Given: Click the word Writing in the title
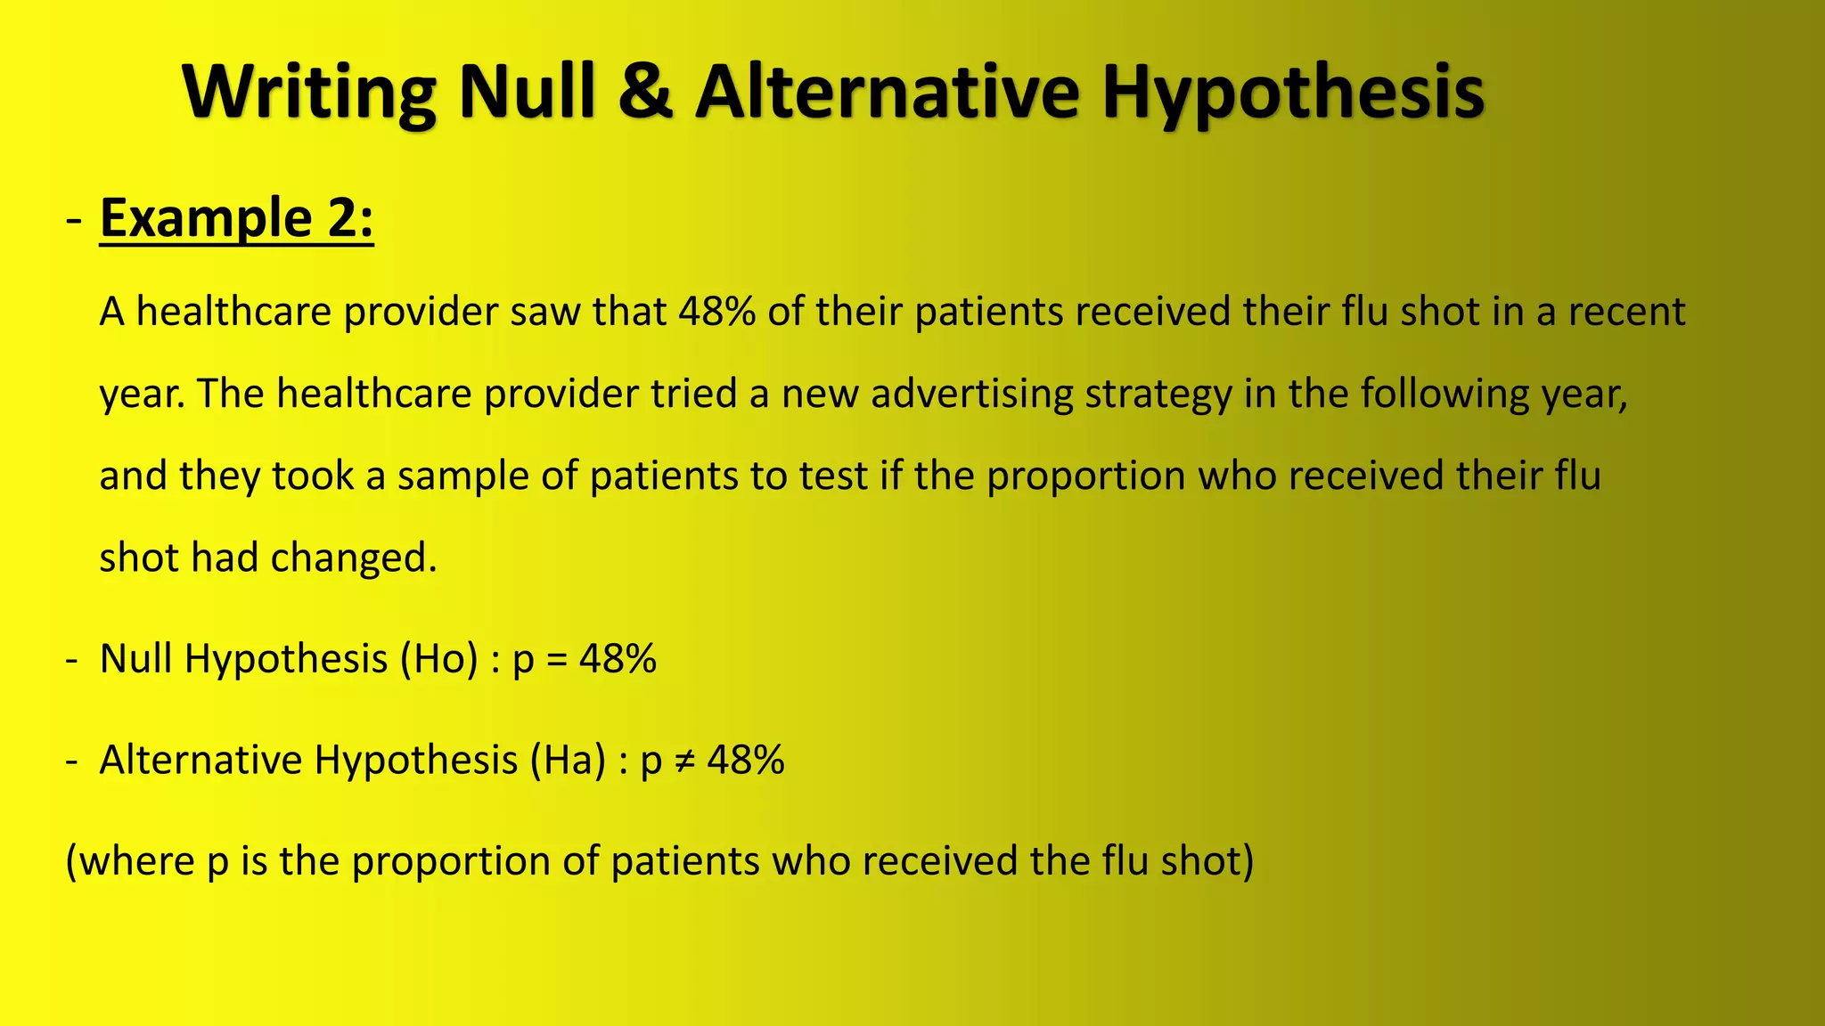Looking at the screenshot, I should [309, 92].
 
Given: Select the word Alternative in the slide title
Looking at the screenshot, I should [887, 92].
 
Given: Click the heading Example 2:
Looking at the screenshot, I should [236, 218].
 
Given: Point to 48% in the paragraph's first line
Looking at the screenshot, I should [716, 312].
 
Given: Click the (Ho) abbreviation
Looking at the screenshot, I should [439, 659].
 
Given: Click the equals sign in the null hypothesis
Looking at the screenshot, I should [557, 660].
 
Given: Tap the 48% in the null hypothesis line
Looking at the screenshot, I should [618, 659].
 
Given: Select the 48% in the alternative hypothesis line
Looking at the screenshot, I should [746, 761].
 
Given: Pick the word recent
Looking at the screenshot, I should [1626, 312].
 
